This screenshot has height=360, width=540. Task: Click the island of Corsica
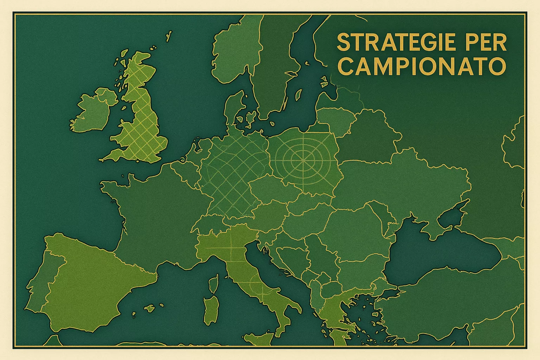(213, 284)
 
